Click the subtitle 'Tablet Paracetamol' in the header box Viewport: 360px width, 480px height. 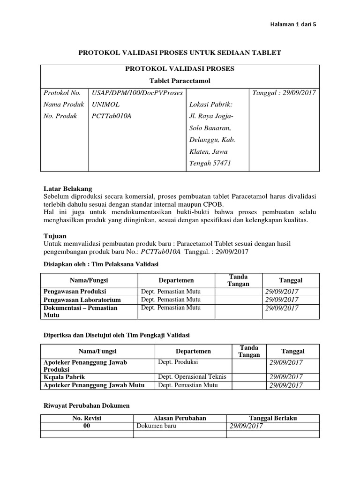[180, 81]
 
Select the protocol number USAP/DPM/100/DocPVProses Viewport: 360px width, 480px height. [137, 92]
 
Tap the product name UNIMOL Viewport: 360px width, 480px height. [106, 104]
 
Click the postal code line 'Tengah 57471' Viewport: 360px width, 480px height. [210, 163]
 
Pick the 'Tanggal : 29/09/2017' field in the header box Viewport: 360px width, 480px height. [285, 92]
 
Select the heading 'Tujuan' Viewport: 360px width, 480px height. [54, 236]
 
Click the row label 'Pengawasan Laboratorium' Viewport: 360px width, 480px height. [82, 300]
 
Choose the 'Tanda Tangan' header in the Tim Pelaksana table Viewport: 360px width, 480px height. [238, 280]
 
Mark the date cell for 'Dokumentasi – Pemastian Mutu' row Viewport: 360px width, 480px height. [282, 308]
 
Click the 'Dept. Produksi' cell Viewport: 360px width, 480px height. [178, 362]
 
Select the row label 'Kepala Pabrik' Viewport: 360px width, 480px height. [65, 376]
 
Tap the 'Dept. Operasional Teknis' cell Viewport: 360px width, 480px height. [192, 376]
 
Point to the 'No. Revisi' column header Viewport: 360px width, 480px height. [87, 418]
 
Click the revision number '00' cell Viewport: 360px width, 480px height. [87, 426]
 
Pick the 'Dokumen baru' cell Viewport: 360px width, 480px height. [156, 426]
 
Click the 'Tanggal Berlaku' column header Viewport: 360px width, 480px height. [273, 418]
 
